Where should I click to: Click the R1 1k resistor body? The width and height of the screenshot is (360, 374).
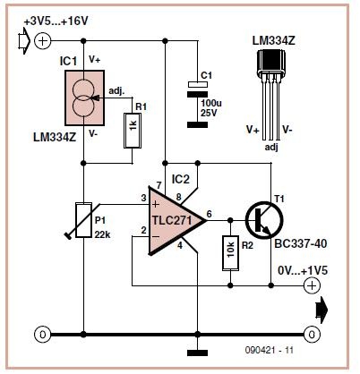point(133,131)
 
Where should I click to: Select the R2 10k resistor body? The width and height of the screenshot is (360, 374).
point(230,253)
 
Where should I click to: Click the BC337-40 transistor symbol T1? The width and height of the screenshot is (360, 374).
point(264,220)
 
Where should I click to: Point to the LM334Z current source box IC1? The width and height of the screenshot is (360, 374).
point(85,98)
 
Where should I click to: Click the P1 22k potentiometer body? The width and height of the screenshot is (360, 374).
point(83,220)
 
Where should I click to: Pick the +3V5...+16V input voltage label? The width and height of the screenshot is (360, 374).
point(56,21)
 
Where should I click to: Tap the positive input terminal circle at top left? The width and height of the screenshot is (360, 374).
point(43,41)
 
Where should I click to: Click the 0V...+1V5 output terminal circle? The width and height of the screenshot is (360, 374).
point(312,285)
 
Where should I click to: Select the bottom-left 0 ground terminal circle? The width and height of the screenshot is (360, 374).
point(43,335)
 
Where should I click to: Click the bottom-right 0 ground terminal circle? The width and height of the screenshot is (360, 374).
point(312,335)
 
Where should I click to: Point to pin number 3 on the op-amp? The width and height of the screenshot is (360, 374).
point(143,198)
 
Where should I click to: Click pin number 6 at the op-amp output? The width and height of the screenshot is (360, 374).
point(210,214)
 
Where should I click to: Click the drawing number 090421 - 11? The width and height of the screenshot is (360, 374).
point(270,350)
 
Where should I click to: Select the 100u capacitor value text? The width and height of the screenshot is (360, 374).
point(211,104)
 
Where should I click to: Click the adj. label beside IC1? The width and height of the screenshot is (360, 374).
point(116,91)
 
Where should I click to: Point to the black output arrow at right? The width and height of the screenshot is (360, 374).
point(321,310)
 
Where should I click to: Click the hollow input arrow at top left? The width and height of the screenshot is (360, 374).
point(24,40)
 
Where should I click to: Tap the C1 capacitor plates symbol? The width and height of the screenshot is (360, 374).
point(197,89)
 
